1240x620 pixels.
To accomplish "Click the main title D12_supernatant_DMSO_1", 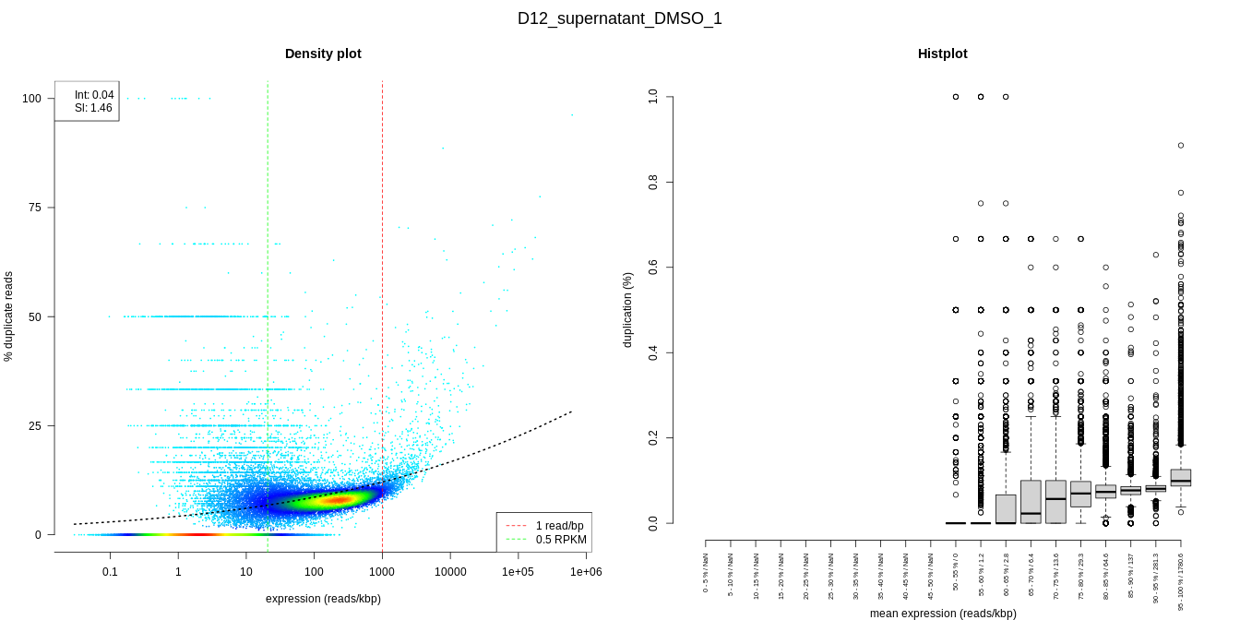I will [x=619, y=18].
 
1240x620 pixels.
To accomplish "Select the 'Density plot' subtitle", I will [x=323, y=54].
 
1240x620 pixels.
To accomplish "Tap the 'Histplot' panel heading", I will [x=942, y=54].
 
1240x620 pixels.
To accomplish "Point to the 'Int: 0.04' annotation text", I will [x=94, y=95].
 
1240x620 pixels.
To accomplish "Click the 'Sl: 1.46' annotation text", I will [x=93, y=108].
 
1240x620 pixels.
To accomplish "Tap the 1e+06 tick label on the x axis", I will [x=586, y=572].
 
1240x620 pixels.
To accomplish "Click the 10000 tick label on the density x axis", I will [x=450, y=572].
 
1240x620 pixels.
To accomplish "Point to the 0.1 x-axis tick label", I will [x=110, y=572].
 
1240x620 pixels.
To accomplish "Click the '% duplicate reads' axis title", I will [x=9, y=316].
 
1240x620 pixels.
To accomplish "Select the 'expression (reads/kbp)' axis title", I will [x=323, y=599].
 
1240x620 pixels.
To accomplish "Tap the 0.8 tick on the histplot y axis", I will [x=653, y=182].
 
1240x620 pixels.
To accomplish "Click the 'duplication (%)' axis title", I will [x=628, y=310].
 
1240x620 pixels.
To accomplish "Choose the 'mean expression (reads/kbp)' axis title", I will [x=943, y=614].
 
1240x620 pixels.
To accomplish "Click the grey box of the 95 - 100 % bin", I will [x=1180, y=477].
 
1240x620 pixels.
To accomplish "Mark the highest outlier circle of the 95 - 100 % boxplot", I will [x=1180, y=146].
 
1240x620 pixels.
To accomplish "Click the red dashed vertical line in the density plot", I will [x=382, y=277].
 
